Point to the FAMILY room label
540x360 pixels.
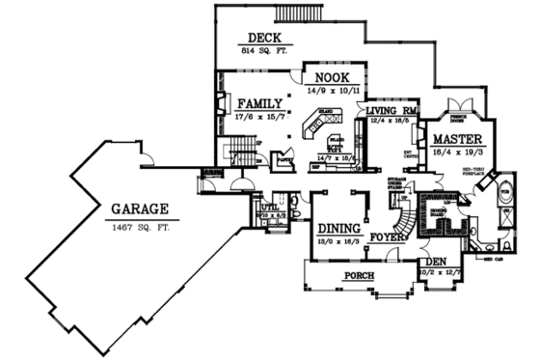pos(255,103)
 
